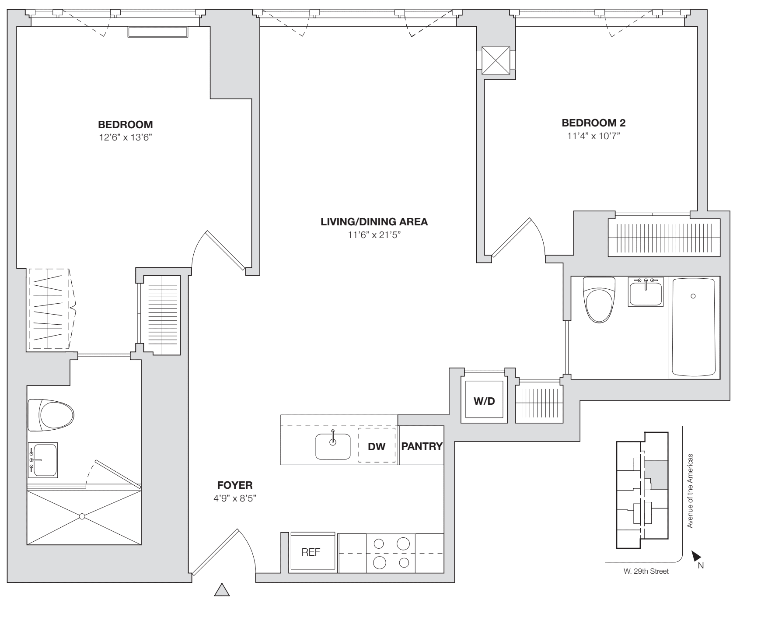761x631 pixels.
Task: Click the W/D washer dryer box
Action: point(484,401)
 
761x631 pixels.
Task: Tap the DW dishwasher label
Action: point(377,446)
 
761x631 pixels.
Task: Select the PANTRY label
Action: point(422,446)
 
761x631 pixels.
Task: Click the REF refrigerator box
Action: point(311,552)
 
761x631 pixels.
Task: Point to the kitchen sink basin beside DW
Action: point(333,446)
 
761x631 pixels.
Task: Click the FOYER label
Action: point(235,485)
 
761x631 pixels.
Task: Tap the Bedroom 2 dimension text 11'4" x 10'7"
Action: point(593,136)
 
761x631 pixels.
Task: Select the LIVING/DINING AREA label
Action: point(374,222)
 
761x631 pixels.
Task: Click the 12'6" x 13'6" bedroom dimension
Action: point(125,137)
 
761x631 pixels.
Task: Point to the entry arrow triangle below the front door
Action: point(222,590)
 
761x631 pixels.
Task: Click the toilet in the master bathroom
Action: point(50,414)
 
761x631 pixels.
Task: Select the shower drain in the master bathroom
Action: point(82,517)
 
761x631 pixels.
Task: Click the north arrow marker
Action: point(695,556)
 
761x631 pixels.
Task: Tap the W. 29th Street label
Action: point(646,571)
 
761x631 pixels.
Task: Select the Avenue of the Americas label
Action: point(690,491)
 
